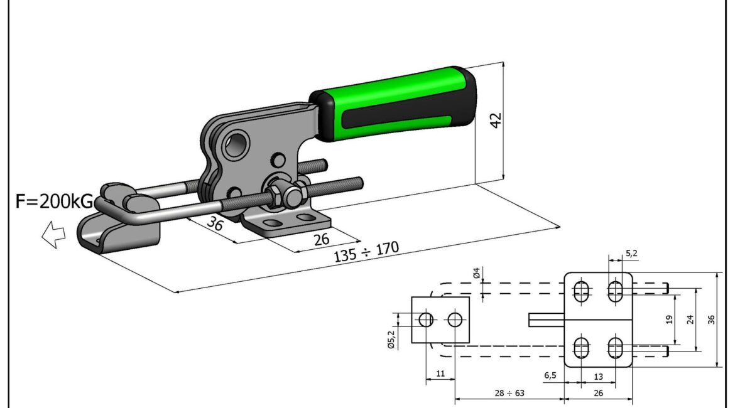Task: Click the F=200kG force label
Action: tap(55, 201)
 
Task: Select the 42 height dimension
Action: tap(496, 119)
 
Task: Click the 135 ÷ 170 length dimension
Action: tap(366, 252)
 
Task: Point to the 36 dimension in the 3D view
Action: tap(215, 223)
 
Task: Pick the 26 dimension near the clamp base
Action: tap(321, 239)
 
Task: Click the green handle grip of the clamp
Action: tap(394, 104)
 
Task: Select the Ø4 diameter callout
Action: tap(477, 272)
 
